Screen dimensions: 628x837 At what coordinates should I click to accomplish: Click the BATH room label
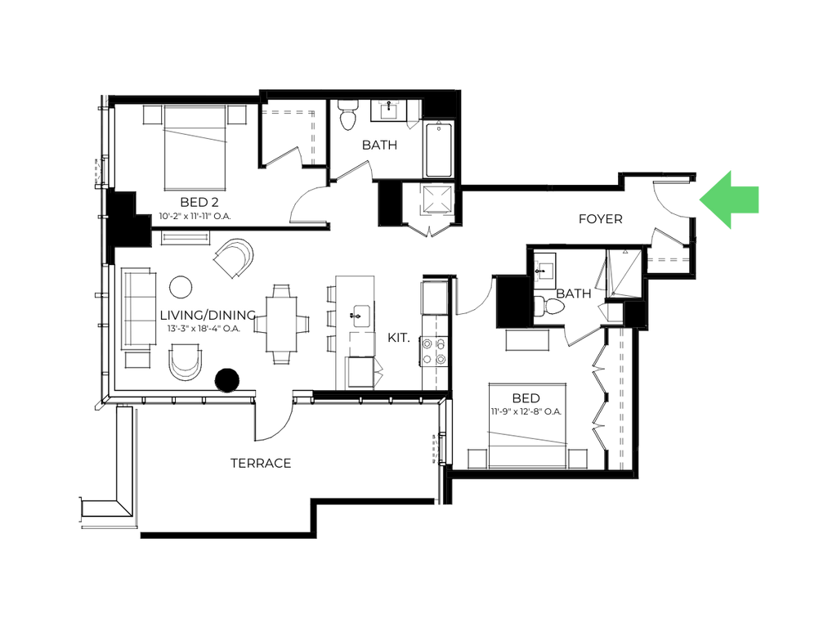pos(378,146)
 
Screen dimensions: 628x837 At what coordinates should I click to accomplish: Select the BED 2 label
pos(198,203)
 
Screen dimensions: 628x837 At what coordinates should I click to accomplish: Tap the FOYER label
pos(600,219)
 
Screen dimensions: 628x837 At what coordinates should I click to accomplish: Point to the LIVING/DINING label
pos(204,316)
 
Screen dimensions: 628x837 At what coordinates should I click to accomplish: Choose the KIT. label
pos(398,339)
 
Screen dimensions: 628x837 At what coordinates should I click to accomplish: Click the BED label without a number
pos(526,399)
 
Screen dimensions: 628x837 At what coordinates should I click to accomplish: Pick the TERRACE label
pos(260,464)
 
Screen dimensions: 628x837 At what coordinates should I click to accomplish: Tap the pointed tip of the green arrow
pos(699,200)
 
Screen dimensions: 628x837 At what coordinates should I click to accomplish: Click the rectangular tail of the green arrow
pos(747,200)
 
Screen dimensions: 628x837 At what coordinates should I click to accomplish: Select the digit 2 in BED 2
pos(214,203)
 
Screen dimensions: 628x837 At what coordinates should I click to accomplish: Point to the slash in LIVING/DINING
pos(204,316)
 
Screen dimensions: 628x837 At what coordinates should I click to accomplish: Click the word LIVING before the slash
pos(180,316)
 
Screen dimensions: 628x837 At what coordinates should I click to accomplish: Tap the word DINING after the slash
pos(228,316)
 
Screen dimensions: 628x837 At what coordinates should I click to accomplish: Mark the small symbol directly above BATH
pos(389,103)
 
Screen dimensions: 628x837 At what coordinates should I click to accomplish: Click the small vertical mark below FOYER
pos(537,271)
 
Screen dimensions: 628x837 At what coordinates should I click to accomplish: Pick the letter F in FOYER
pos(581,219)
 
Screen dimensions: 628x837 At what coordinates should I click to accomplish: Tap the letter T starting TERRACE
pos(233,464)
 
